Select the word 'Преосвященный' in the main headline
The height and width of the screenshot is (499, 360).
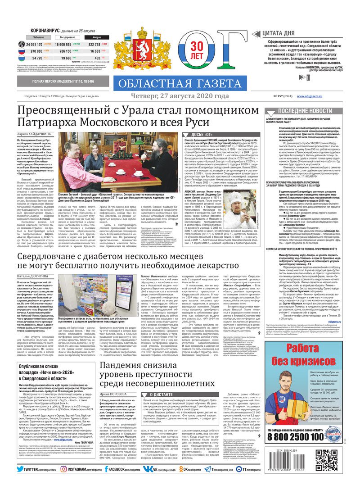click(59, 111)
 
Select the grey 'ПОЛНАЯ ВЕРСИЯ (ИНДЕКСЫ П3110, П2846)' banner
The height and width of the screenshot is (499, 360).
click(63, 82)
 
